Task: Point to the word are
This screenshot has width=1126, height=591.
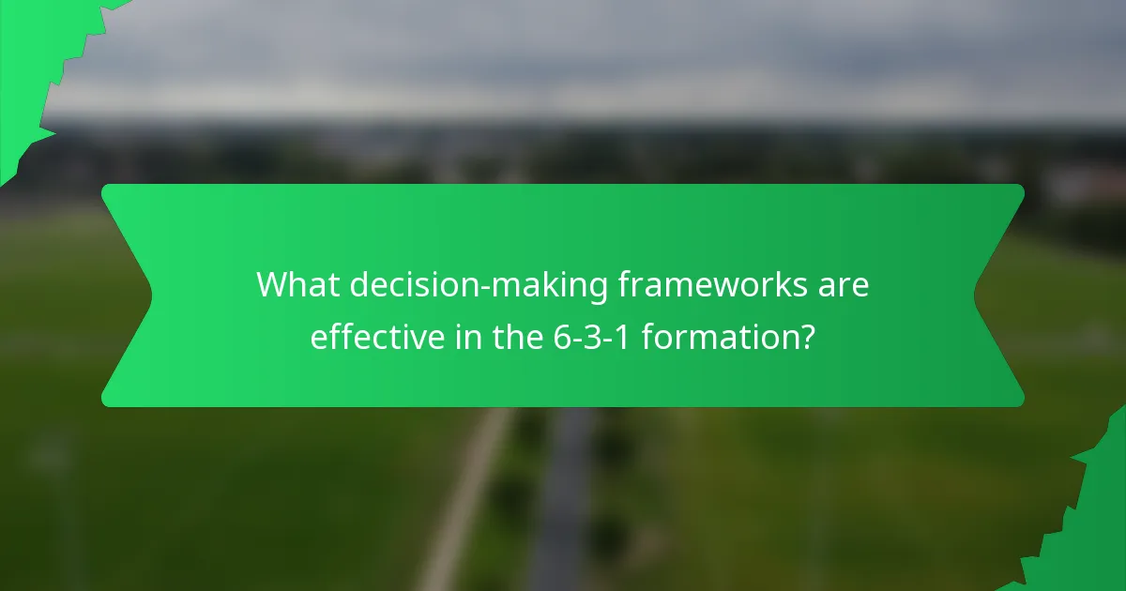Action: point(844,285)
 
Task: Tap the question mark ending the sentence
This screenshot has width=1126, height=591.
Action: point(805,336)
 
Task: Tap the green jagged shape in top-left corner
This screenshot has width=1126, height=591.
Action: point(33,56)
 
